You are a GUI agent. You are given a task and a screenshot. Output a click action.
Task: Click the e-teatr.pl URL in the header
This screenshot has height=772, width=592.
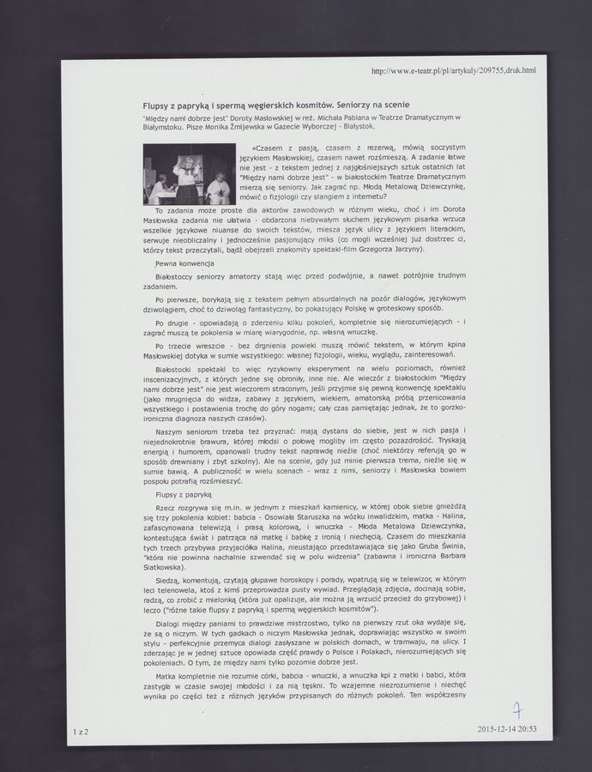453,69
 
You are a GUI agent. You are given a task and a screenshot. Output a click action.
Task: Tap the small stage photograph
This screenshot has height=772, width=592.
189,173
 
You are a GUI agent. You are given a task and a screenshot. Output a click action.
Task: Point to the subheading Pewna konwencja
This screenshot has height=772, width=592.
184,262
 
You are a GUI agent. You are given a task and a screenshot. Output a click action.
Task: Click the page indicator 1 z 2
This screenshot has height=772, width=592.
81,729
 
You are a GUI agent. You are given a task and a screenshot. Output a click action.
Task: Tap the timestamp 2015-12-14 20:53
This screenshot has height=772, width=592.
506,729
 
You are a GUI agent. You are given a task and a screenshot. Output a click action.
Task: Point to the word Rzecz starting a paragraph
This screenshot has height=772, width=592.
166,509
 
